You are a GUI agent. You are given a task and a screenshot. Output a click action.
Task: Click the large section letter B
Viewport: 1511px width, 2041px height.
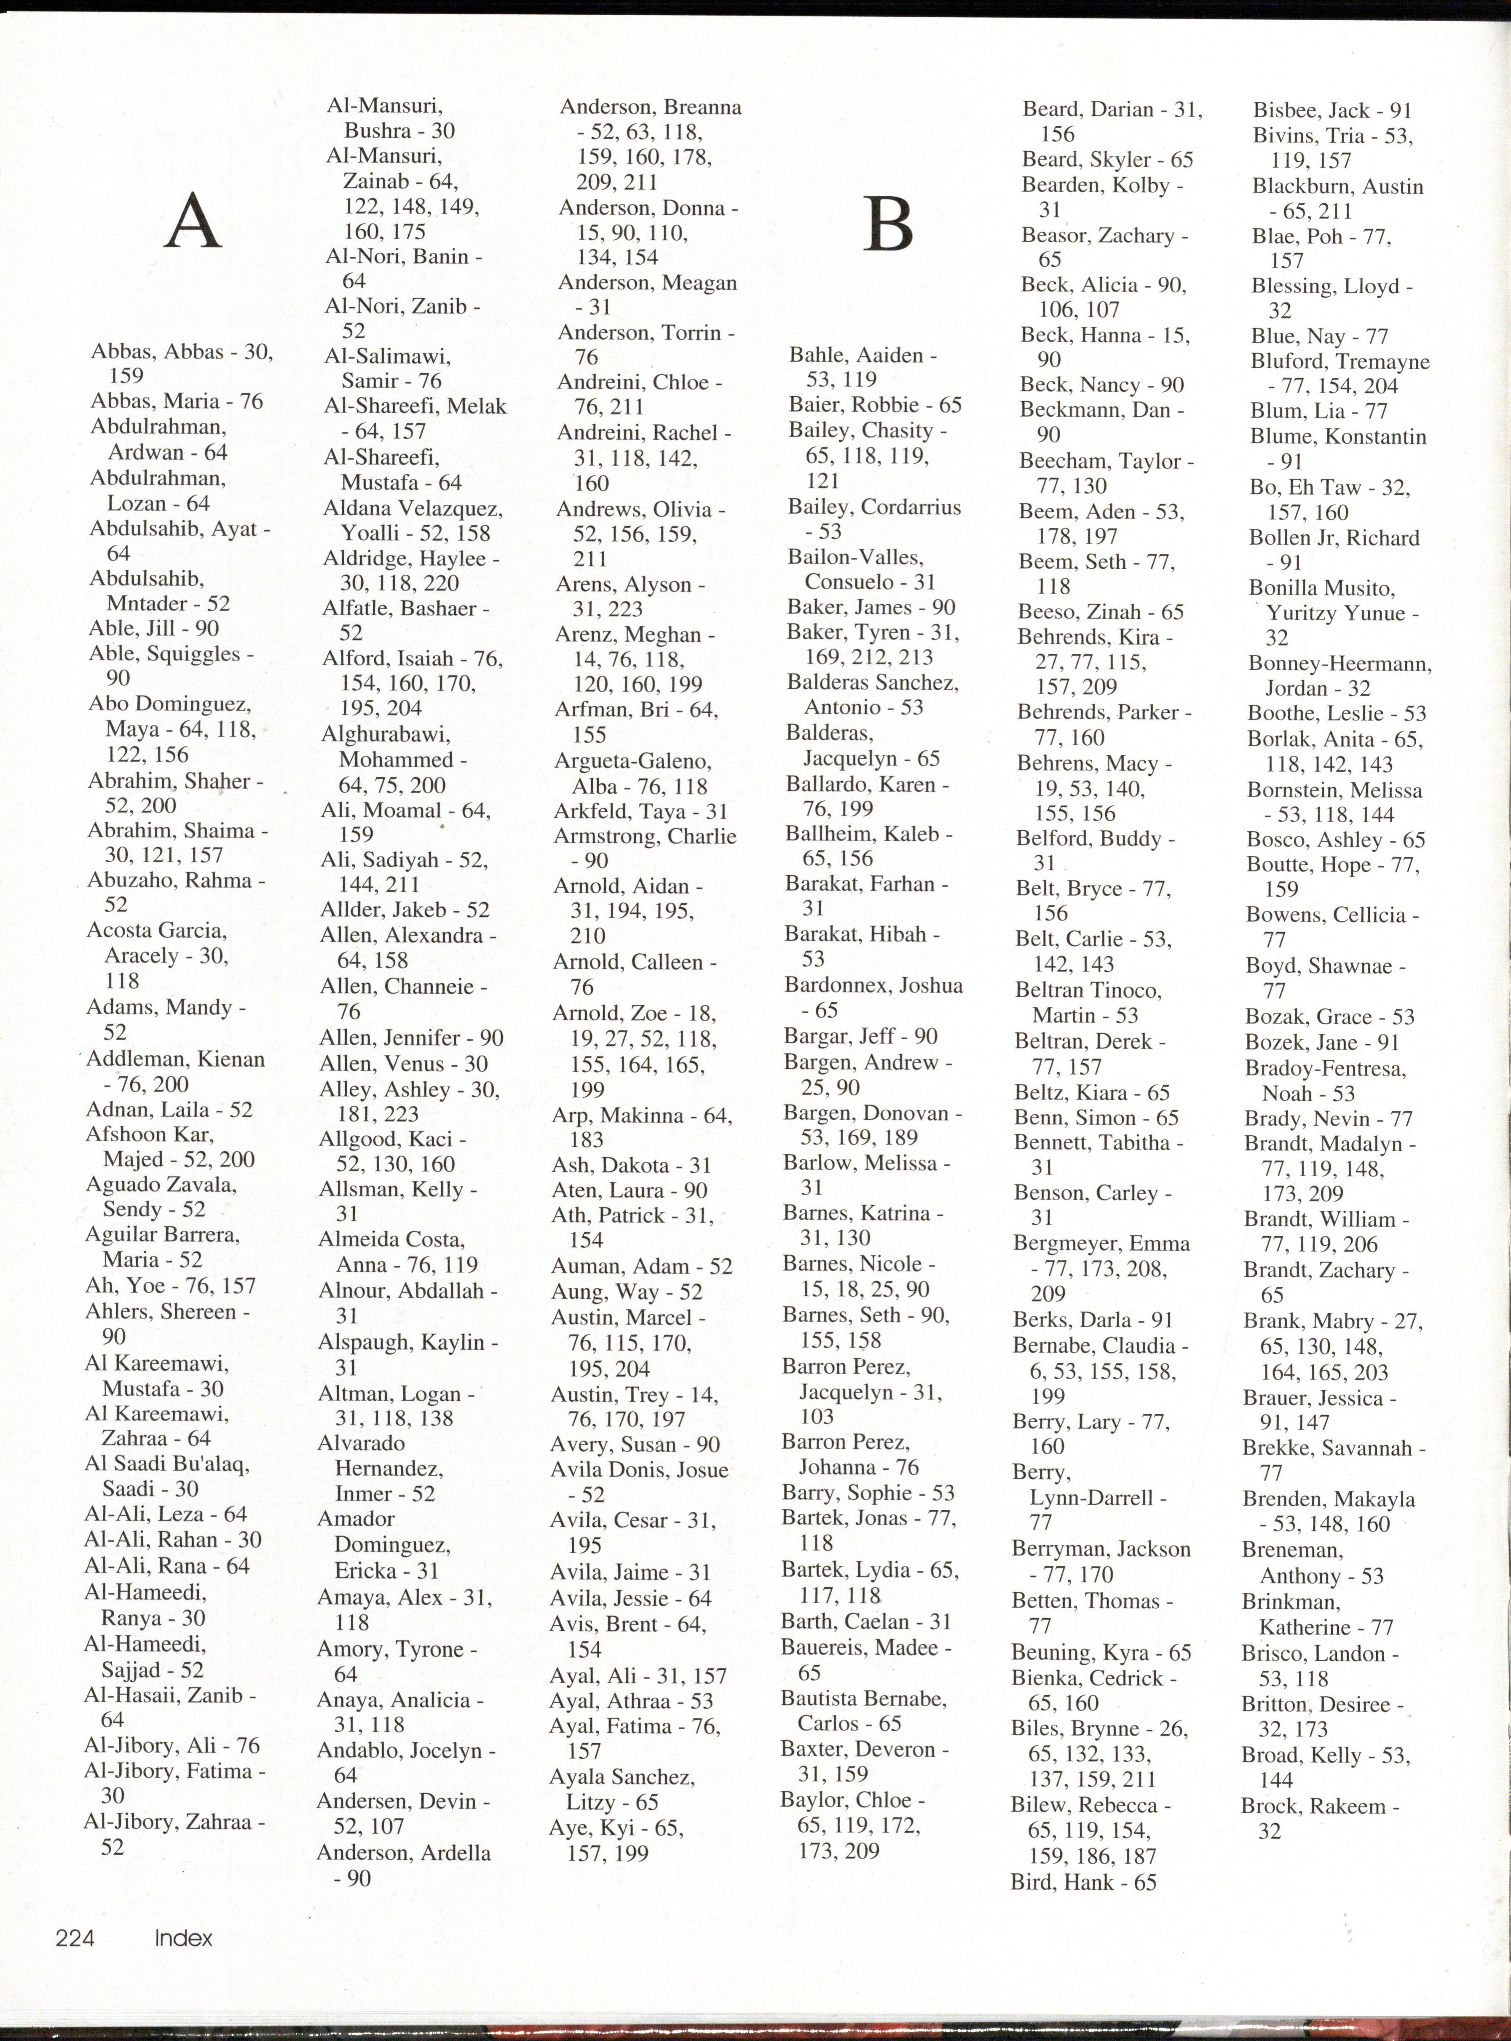pos(888,225)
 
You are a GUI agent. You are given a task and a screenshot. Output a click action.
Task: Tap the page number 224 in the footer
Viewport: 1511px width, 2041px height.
pos(75,1937)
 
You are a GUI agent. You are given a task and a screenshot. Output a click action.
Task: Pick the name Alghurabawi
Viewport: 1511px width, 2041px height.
pos(386,734)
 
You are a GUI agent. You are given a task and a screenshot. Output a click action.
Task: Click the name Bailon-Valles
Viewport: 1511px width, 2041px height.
pos(856,556)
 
